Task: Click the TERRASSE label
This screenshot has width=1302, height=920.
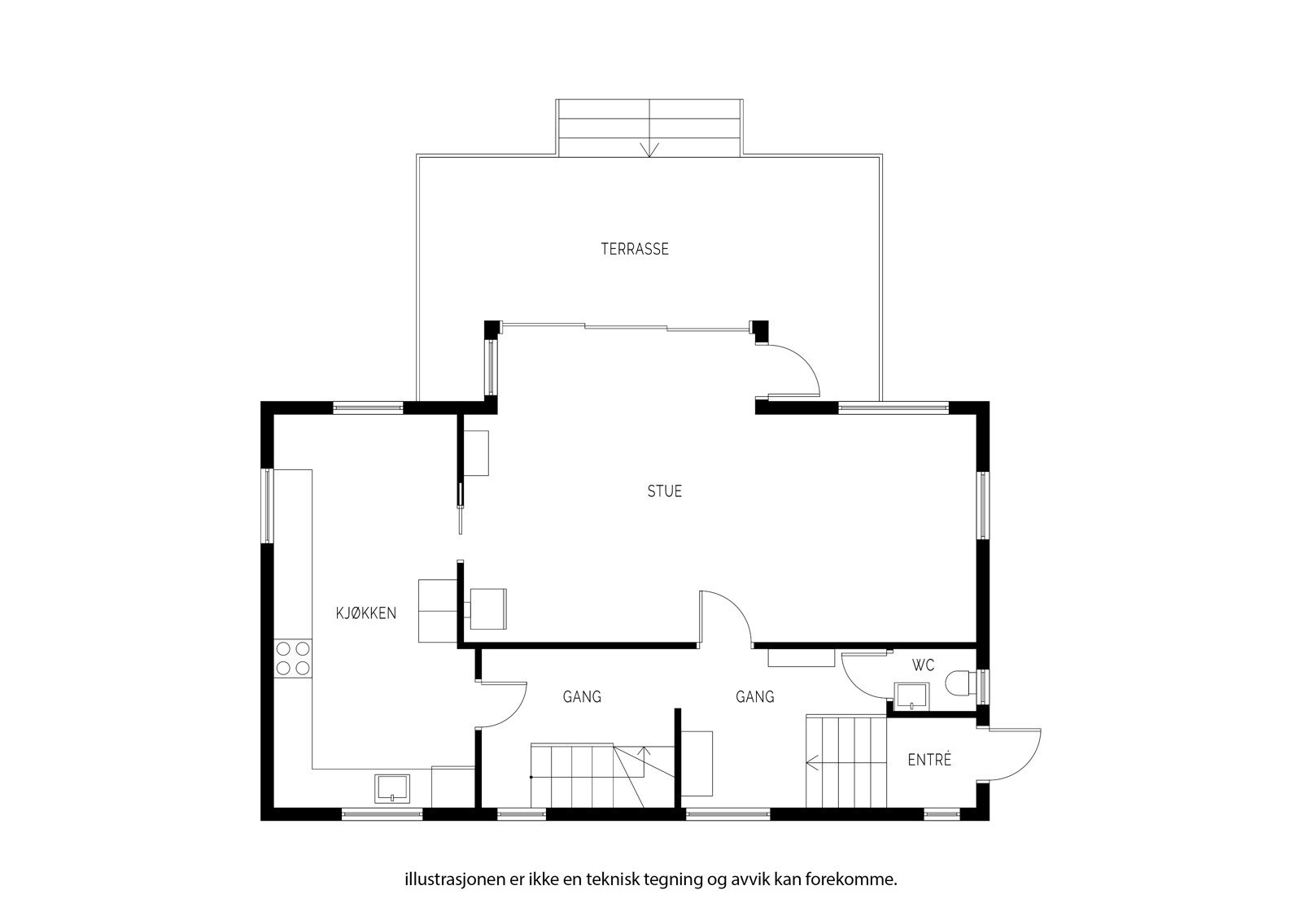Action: (x=635, y=250)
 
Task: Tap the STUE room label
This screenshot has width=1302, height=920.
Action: (x=664, y=491)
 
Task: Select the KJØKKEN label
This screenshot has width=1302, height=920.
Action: (x=366, y=613)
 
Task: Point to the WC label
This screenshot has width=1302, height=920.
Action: (x=923, y=665)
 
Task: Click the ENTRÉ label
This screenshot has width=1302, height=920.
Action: (x=929, y=760)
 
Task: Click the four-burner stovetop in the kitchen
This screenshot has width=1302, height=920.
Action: (x=293, y=658)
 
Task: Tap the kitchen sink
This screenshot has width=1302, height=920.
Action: (x=391, y=788)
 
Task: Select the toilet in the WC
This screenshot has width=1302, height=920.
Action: (x=961, y=682)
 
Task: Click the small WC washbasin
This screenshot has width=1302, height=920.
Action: (x=911, y=696)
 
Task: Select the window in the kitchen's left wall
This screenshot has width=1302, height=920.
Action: (x=267, y=506)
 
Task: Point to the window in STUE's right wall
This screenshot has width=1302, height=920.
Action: (x=983, y=505)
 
